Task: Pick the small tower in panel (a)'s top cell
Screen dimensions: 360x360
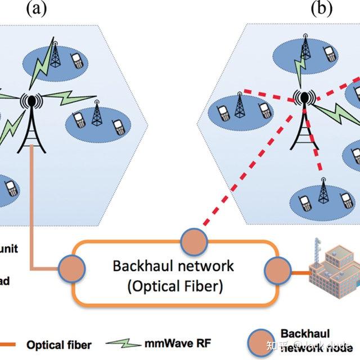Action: tap(56, 55)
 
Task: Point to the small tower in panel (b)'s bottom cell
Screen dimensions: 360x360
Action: tap(323, 192)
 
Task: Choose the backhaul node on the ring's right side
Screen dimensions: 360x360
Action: tap(276, 269)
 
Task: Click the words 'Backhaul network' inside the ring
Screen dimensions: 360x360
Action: tap(173, 265)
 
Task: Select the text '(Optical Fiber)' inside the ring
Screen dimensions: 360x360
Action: tap(175, 286)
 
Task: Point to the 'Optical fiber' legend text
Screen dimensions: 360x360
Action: tap(59, 344)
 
